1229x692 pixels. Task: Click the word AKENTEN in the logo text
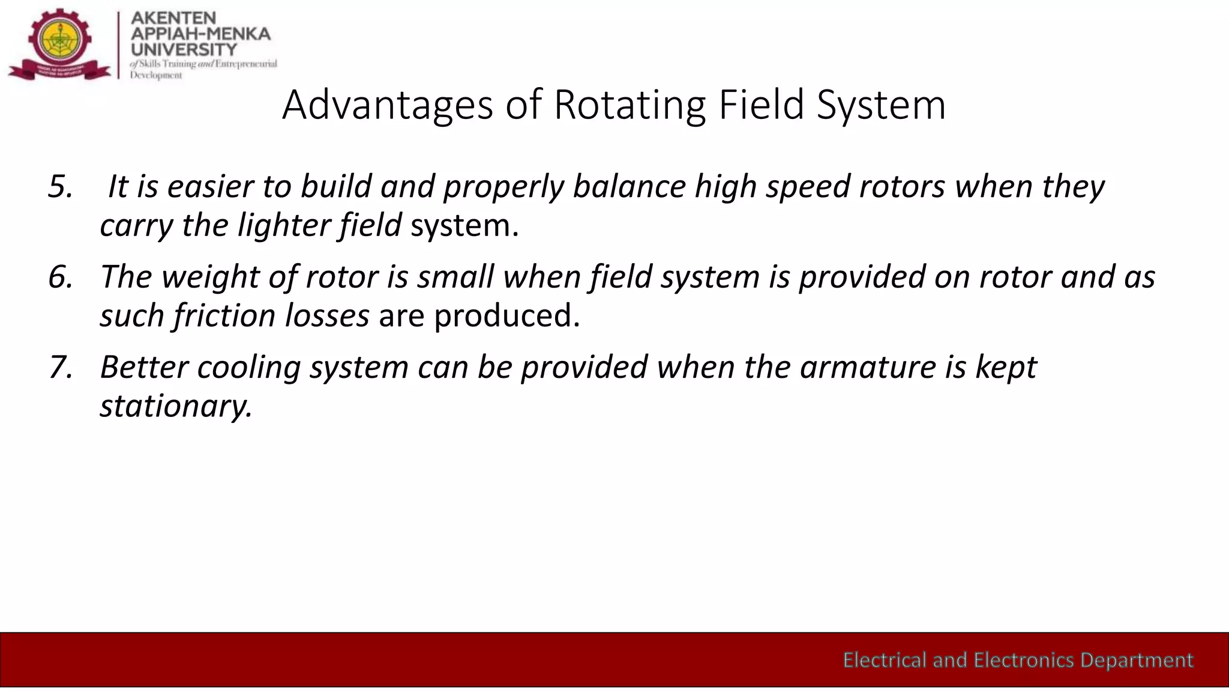(173, 18)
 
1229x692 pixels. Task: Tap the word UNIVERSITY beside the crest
(184, 49)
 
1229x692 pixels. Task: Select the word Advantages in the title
(388, 105)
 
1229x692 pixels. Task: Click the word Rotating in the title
(630, 105)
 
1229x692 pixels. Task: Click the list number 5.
(60, 187)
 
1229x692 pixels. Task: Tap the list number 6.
(60, 277)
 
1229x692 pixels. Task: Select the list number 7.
(60, 367)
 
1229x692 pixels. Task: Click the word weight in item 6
(210, 277)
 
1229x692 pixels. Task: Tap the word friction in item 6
(224, 316)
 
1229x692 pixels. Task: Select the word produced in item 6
(506, 316)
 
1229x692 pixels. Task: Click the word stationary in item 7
(175, 406)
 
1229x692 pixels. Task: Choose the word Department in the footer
(1137, 660)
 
